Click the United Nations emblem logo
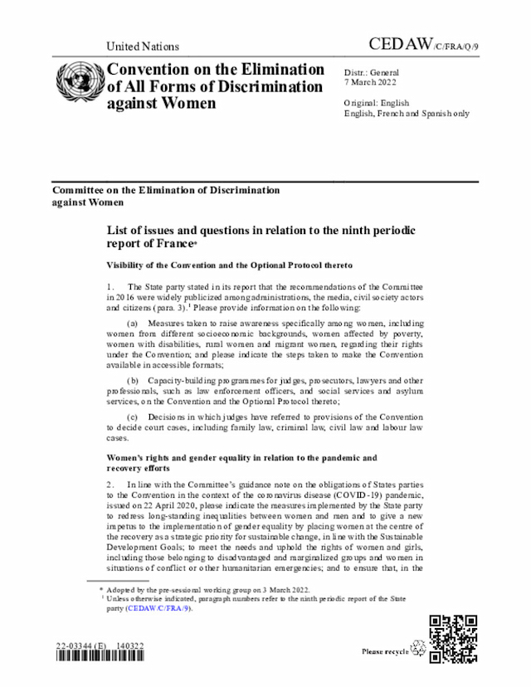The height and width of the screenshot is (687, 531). pyautogui.click(x=79, y=85)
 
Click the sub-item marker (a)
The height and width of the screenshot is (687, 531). pyautogui.click(x=131, y=321)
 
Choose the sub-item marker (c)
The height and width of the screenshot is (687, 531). pyautogui.click(x=131, y=417)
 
